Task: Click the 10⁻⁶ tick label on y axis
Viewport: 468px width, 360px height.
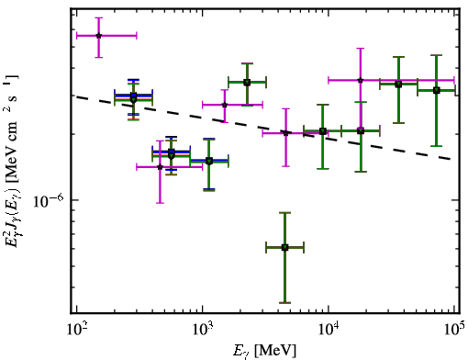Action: pyautogui.click(x=49, y=201)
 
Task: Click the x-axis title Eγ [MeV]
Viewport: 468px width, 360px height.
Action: pyautogui.click(x=264, y=351)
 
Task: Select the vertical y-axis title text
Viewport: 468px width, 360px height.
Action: pyautogui.click(x=12, y=161)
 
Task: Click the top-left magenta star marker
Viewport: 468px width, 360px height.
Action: pyautogui.click(x=98, y=36)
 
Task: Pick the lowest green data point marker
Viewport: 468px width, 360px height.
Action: pyautogui.click(x=284, y=247)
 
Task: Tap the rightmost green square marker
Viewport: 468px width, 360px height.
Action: pyautogui.click(x=437, y=90)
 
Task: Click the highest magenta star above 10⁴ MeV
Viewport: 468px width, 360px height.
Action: pyautogui.click(x=361, y=80)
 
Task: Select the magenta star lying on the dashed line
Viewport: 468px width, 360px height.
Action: pyautogui.click(x=285, y=133)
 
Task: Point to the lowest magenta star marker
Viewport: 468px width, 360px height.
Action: pyautogui.click(x=160, y=167)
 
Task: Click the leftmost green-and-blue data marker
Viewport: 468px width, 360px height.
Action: pyautogui.click(x=133, y=97)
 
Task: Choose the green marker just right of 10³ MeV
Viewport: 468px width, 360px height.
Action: pyautogui.click(x=209, y=161)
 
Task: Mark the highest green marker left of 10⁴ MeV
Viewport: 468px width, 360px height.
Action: pyautogui.click(x=247, y=82)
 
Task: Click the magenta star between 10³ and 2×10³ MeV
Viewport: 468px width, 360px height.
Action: pyautogui.click(x=225, y=105)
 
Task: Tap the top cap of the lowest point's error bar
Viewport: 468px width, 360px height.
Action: pyautogui.click(x=284, y=212)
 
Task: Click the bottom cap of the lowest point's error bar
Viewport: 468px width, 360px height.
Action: pyautogui.click(x=284, y=303)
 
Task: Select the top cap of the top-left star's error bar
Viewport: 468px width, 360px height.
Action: pyautogui.click(x=98, y=17)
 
